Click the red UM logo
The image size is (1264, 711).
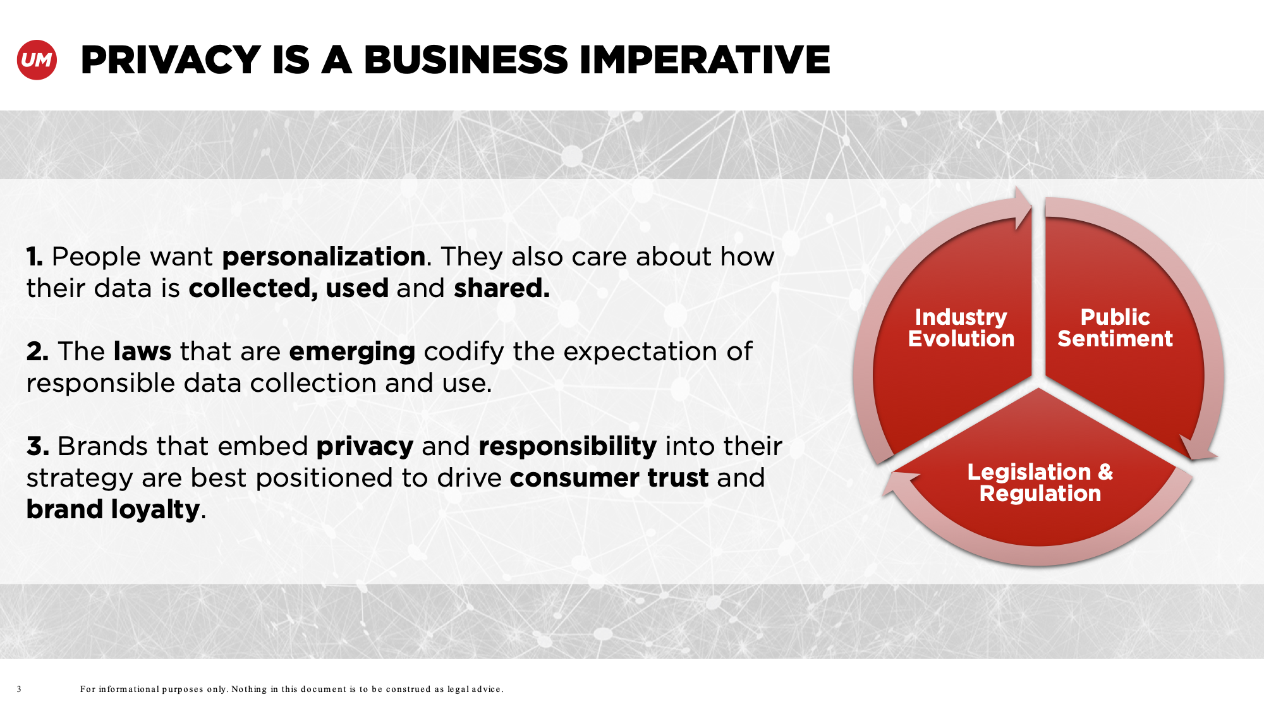click(x=37, y=60)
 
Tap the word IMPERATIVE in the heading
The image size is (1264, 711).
click(x=704, y=60)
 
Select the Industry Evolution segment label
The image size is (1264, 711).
click(x=961, y=327)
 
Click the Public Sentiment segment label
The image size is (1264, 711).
click(x=1115, y=327)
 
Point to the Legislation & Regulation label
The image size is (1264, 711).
click(x=1040, y=482)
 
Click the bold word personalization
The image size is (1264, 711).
click(x=324, y=257)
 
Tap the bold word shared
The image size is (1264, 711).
click(x=502, y=288)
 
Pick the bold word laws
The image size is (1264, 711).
click(x=142, y=351)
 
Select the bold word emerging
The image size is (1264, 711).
click(x=352, y=352)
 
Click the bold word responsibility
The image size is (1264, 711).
click(x=568, y=447)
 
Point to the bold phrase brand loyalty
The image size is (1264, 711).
click(x=113, y=510)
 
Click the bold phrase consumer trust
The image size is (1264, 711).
click(x=609, y=478)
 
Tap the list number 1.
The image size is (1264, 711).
click(x=35, y=257)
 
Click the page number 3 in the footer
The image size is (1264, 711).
click(x=19, y=689)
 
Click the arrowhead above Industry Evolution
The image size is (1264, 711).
click(x=1023, y=207)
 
